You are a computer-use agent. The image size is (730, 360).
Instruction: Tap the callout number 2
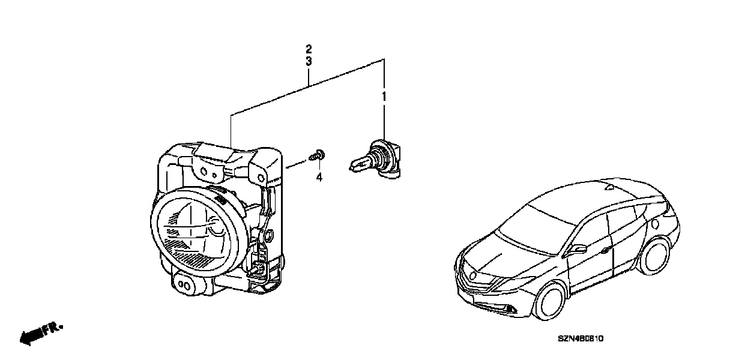click(x=309, y=48)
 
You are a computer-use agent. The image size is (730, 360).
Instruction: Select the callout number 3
click(x=309, y=62)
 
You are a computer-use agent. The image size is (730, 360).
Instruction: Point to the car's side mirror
click(x=579, y=248)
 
